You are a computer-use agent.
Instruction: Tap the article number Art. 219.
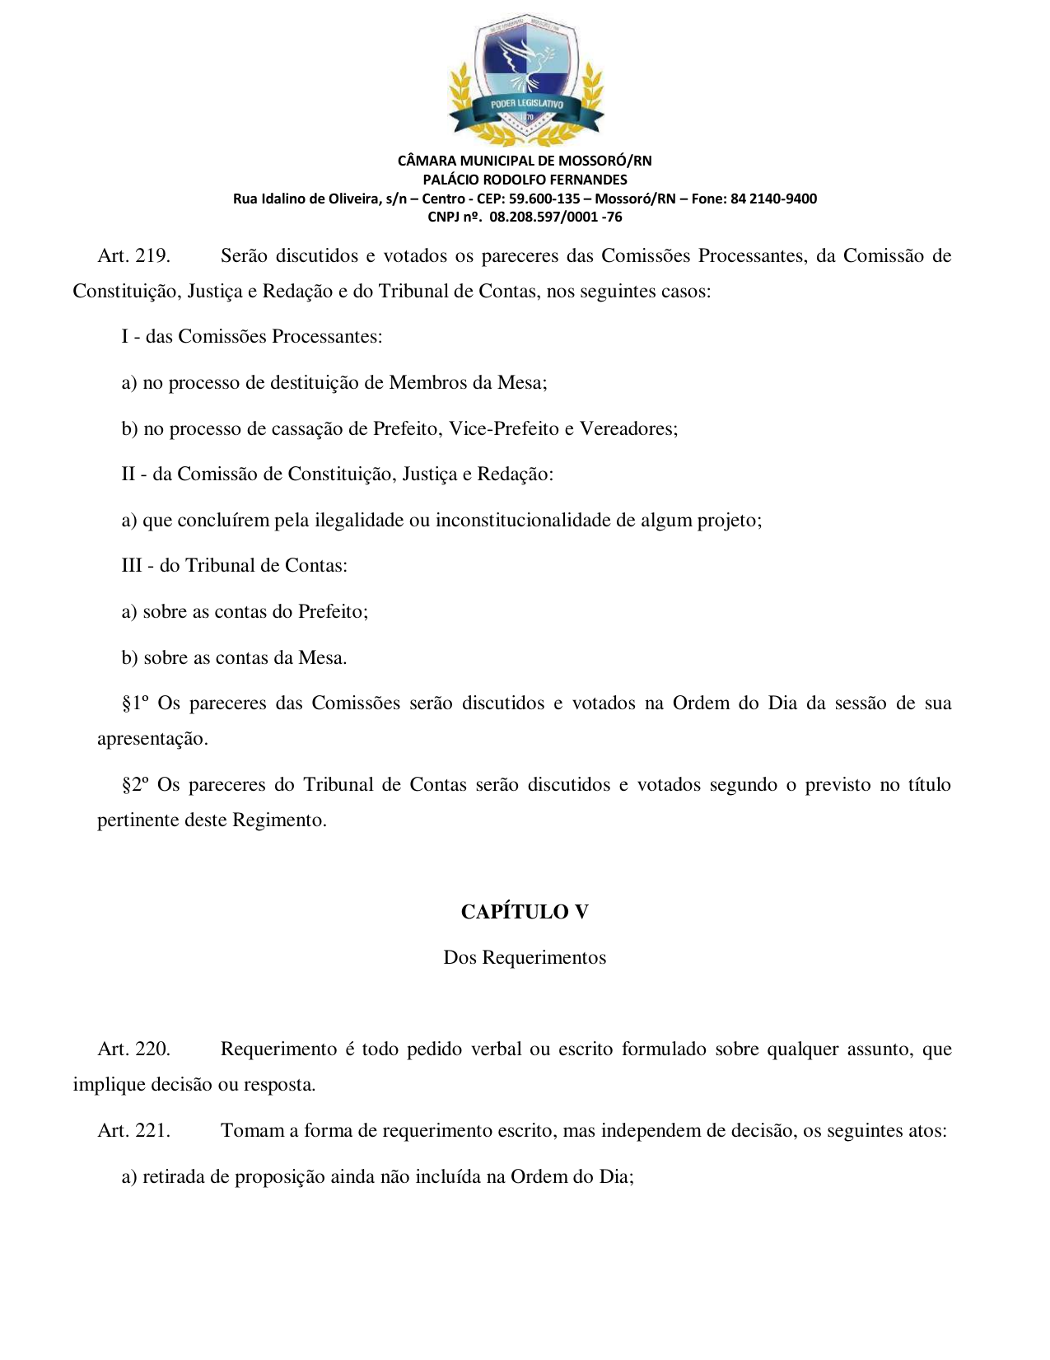(133, 256)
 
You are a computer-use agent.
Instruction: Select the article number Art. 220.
(133, 1049)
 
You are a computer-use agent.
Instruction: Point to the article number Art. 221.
(133, 1131)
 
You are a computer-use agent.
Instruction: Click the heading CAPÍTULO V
(525, 912)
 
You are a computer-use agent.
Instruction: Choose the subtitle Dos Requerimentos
(525, 958)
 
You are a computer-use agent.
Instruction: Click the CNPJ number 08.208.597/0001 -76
(555, 217)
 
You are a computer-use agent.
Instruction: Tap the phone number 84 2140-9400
(773, 199)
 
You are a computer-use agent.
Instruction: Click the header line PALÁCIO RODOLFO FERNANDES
(525, 180)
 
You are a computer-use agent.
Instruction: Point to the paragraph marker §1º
(135, 703)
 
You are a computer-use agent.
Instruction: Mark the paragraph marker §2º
(135, 785)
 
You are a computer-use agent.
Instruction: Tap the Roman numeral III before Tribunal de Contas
(132, 566)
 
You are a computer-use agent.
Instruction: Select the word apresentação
(152, 739)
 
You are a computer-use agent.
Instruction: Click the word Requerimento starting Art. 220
(278, 1049)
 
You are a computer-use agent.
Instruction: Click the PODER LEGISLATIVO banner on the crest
(526, 105)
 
